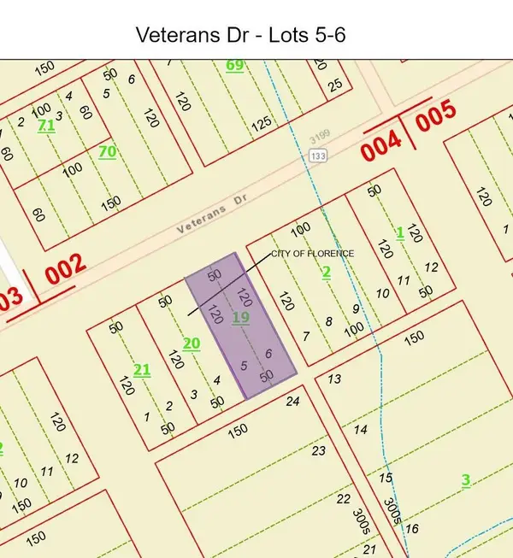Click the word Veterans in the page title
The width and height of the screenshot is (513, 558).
168,36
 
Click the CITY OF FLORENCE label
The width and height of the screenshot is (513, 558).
312,254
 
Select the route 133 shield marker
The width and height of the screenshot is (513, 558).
319,156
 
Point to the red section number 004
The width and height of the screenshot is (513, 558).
381,149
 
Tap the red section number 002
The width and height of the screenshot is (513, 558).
65,269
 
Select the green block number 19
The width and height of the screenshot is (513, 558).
240,318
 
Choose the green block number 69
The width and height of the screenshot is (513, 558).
234,65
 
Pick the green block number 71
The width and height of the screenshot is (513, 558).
47,126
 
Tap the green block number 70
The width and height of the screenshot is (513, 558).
107,151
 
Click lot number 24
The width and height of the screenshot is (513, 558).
294,401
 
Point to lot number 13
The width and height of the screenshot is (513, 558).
334,379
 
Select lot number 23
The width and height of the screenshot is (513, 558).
320,450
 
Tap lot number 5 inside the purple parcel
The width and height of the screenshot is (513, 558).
244,366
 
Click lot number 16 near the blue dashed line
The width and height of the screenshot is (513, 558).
412,529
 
